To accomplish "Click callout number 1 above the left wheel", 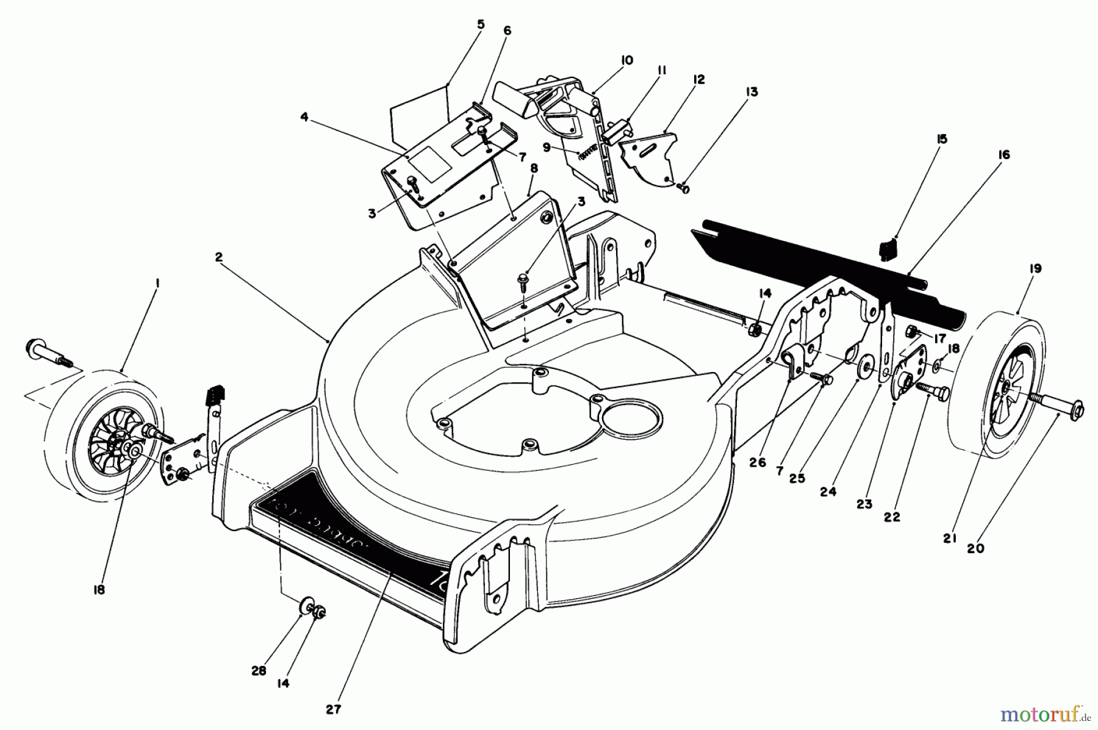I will coord(157,282).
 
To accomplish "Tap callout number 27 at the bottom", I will coord(334,709).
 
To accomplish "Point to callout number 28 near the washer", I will coord(259,671).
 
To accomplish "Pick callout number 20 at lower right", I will coord(976,548).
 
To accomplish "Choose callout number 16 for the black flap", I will coord(1003,155).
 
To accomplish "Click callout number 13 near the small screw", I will coord(752,92).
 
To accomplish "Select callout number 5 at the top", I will coord(481,25).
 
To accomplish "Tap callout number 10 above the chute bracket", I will coord(627,60).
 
